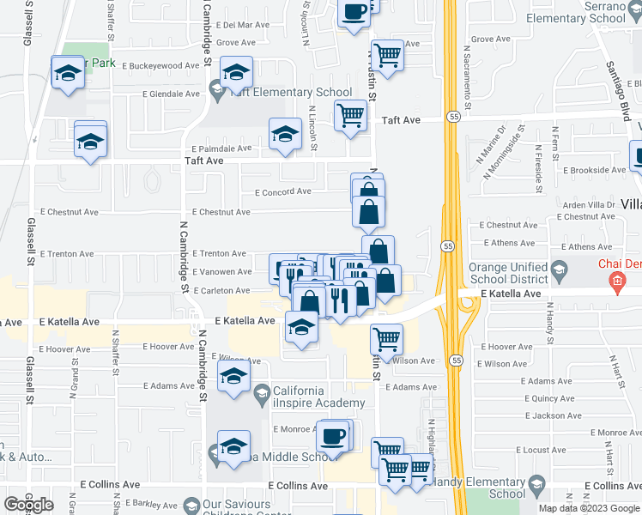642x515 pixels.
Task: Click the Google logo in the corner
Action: tap(28, 505)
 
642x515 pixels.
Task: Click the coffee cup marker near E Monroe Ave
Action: tap(332, 436)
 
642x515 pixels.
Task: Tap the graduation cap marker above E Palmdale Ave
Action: tap(285, 133)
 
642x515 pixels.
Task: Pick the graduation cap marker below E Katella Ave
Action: tap(301, 327)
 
